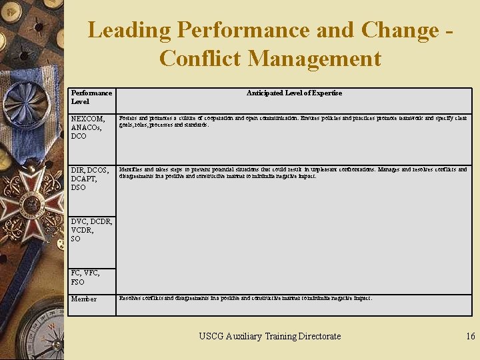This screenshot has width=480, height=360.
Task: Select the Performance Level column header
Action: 91,97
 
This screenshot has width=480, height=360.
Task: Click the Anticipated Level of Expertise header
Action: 294,93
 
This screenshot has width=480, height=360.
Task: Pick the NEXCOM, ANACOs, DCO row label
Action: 88,127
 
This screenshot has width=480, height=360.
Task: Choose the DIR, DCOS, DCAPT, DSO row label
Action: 89,179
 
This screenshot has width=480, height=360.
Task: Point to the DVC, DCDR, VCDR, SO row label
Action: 91,230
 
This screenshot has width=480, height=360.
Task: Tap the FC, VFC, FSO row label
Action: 85,277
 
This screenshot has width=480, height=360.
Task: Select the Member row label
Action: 84,299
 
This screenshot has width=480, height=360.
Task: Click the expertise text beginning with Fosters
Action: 293,121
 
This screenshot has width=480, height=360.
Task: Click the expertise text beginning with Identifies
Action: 293,173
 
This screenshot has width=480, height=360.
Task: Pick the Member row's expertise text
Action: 245,299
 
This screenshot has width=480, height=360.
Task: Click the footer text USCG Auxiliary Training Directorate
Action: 270,337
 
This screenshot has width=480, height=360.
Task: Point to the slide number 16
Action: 470,337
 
